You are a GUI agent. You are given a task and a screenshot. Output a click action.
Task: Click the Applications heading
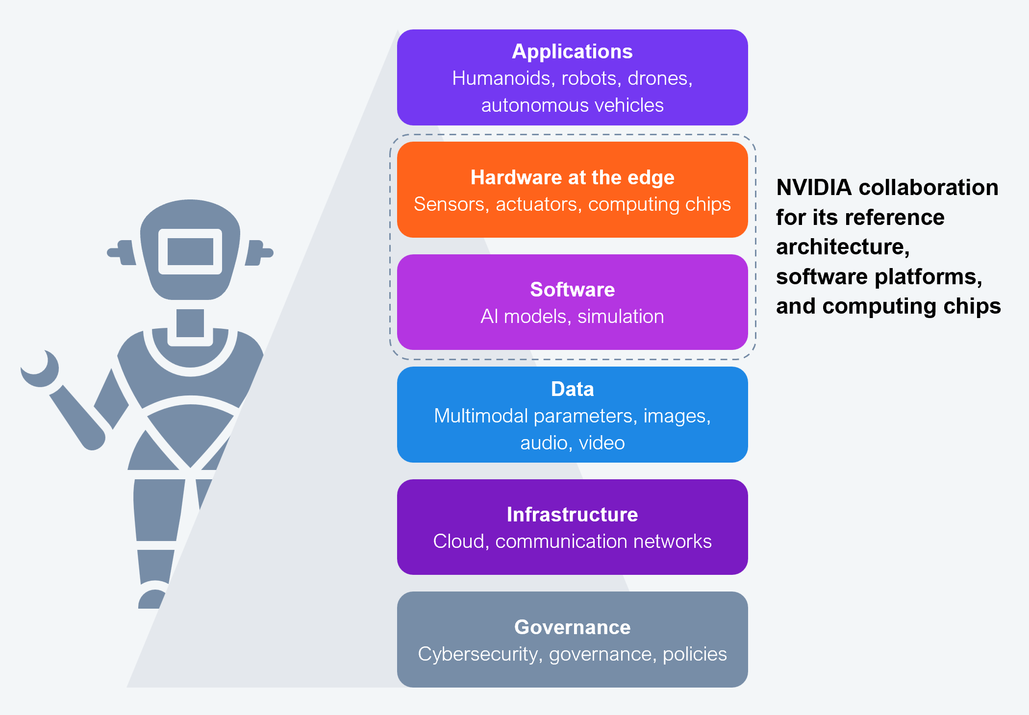[x=572, y=51]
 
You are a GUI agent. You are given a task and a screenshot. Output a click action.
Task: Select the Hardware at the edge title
[x=572, y=177]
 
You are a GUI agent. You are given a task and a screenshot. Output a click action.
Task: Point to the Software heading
[x=572, y=290]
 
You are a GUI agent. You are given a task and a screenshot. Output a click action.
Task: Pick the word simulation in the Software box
[x=620, y=317]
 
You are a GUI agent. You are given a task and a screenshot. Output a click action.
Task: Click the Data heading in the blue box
[x=572, y=389]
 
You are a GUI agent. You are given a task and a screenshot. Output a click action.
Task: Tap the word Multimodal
[x=480, y=416]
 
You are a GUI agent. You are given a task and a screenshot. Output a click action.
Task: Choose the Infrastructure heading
[x=572, y=515]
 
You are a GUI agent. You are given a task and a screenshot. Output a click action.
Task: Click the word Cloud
[x=458, y=542]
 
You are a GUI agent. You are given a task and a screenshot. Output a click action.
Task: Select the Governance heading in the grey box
[x=572, y=627]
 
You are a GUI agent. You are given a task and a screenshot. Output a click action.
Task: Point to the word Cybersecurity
[x=477, y=654]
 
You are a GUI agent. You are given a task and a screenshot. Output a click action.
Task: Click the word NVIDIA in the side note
[x=814, y=188]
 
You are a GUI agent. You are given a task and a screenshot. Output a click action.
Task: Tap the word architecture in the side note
[x=842, y=247]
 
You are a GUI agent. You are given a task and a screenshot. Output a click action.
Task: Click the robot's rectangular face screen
[x=190, y=251]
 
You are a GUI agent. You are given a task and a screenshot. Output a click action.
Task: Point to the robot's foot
[x=151, y=598]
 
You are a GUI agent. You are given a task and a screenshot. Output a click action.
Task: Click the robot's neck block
[x=190, y=323]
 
